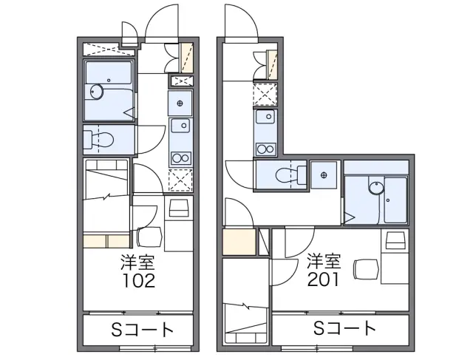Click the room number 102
tap(138, 280)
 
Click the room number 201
tap(323, 279)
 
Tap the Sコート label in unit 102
tap(143, 330)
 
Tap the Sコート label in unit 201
tap(345, 328)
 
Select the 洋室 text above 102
tap(138, 262)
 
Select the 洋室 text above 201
tap(324, 261)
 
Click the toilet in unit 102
tap(98, 140)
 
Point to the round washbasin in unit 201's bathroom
tap(376, 189)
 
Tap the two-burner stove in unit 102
tap(180, 157)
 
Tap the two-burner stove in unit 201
tap(265, 149)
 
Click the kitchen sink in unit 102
tap(180, 126)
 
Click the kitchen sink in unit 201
tap(265, 117)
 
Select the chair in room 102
tap(149, 237)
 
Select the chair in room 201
tap(367, 269)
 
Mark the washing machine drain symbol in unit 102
tap(180, 103)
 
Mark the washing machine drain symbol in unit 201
tap(324, 175)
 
